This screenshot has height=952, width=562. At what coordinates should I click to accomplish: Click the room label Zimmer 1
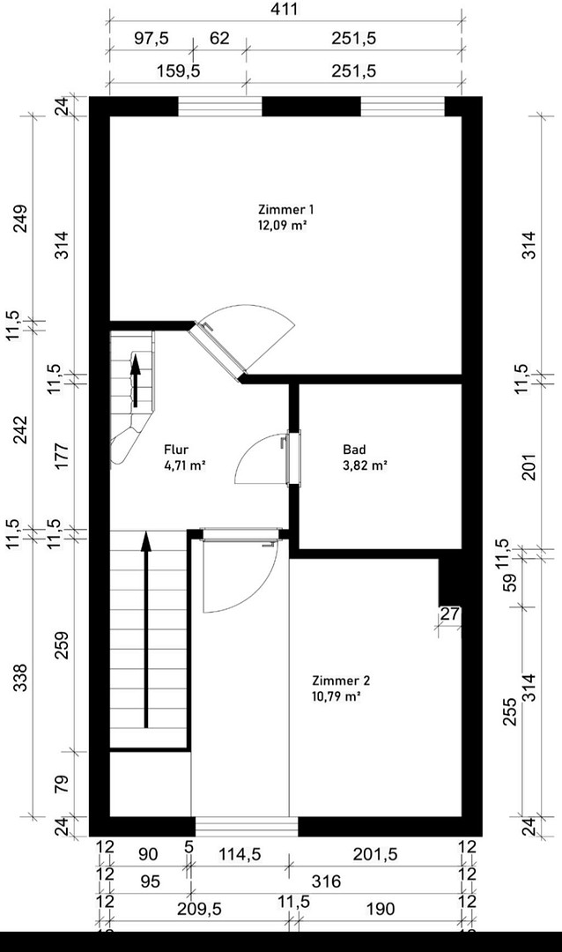[286, 210]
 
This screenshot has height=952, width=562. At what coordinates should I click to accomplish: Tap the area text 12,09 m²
[281, 226]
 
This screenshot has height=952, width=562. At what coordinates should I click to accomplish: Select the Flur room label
[176, 450]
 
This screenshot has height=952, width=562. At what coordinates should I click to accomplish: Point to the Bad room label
[354, 450]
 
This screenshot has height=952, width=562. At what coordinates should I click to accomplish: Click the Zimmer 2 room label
[341, 681]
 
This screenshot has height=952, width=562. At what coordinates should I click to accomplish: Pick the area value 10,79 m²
[336, 696]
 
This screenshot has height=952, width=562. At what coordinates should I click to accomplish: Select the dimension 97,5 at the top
[152, 38]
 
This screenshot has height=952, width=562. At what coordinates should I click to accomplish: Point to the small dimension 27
[450, 614]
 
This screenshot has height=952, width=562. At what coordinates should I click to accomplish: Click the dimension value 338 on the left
[20, 678]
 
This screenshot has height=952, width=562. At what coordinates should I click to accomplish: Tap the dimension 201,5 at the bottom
[375, 855]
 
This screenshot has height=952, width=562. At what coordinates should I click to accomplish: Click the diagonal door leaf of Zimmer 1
[218, 348]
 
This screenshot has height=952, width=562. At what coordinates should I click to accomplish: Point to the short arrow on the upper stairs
[136, 381]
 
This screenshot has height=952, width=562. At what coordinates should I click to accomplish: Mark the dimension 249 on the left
[20, 219]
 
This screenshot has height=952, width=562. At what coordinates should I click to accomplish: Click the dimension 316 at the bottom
[326, 881]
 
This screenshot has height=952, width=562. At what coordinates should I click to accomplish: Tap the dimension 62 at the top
[219, 38]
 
